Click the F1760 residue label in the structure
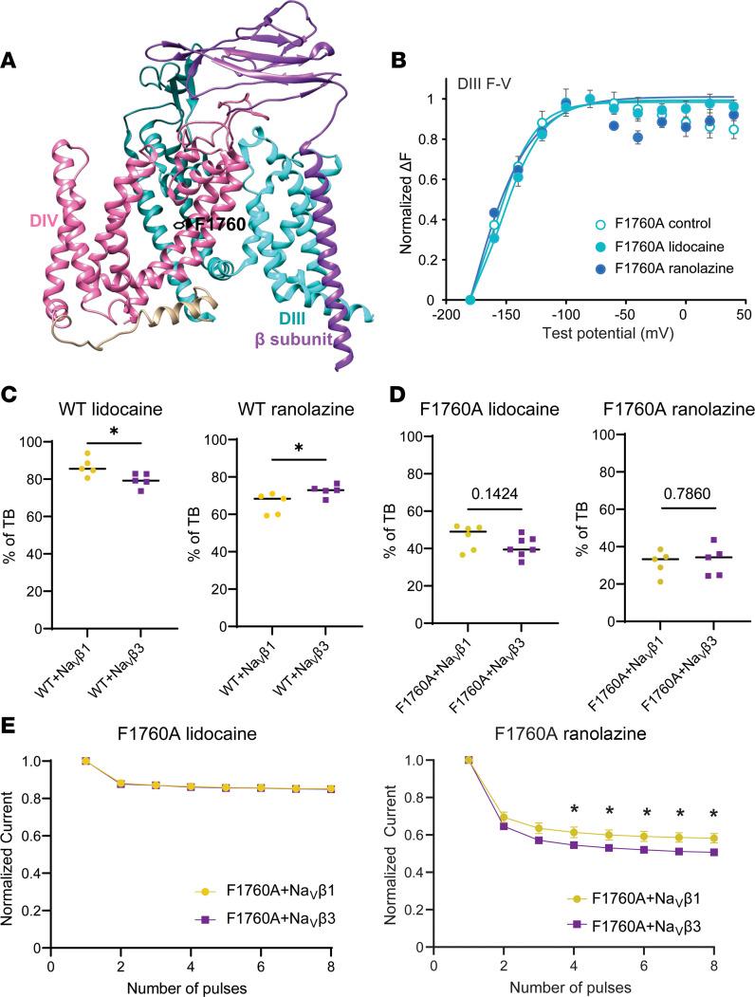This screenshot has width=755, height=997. pos(219,225)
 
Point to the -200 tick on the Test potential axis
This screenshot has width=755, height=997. pos(470,314)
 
